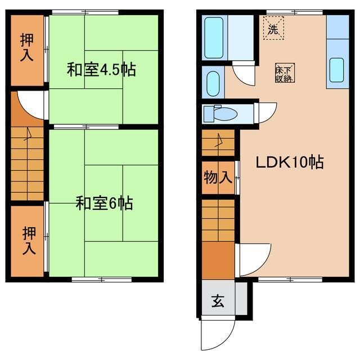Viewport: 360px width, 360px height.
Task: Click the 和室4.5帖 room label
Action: point(101,70)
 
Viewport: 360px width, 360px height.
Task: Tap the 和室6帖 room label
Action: point(104,203)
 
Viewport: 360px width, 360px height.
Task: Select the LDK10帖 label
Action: point(290,163)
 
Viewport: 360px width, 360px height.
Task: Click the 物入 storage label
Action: point(218,178)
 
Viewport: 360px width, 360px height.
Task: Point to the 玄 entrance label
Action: point(218,301)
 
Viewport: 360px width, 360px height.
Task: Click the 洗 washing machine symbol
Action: point(273,29)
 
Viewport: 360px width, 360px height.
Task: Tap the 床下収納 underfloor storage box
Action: point(283,73)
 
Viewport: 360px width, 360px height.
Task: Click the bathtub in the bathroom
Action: point(214,38)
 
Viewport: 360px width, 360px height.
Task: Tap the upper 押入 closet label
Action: point(26,48)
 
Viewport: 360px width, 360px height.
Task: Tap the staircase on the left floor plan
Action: point(26,163)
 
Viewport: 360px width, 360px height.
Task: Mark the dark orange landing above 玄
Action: point(218,260)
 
